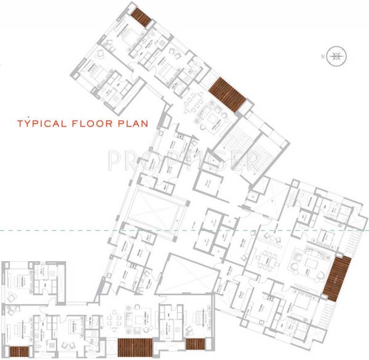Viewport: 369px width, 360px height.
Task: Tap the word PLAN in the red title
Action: [133, 123]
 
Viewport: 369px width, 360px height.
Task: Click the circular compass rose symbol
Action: [335, 56]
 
